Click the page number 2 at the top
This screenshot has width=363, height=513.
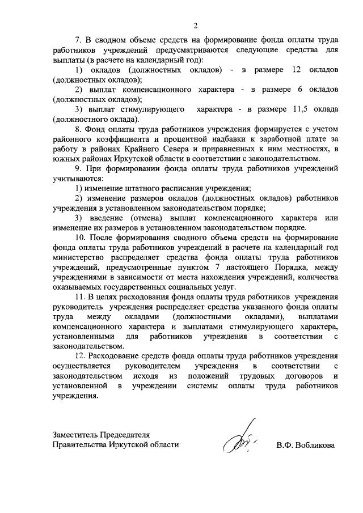(x=195, y=25)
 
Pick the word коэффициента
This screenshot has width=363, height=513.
(x=117, y=138)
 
